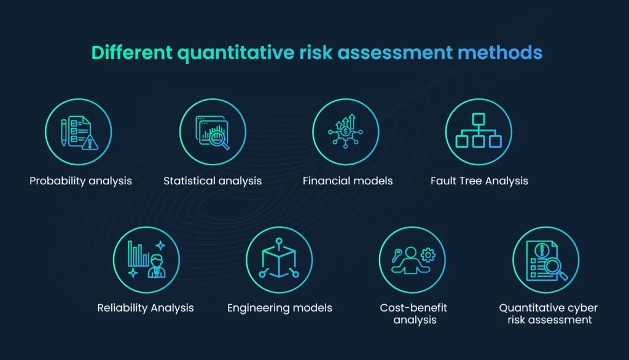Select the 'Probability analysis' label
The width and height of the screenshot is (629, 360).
pos(80,181)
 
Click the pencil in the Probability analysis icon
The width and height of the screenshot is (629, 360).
pos(63,131)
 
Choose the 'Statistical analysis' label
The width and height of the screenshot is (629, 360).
pos(213,181)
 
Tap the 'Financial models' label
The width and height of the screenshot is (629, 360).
pos(348,181)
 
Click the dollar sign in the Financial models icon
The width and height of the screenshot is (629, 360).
pos(346,131)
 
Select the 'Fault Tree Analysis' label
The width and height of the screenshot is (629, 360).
pos(479,181)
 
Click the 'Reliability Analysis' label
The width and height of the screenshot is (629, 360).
pos(146,308)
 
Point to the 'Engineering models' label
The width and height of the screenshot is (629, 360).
pos(279,308)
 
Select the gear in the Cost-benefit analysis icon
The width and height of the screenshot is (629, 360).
pos(428,253)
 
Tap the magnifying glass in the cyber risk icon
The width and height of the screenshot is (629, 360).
pos(555,267)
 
